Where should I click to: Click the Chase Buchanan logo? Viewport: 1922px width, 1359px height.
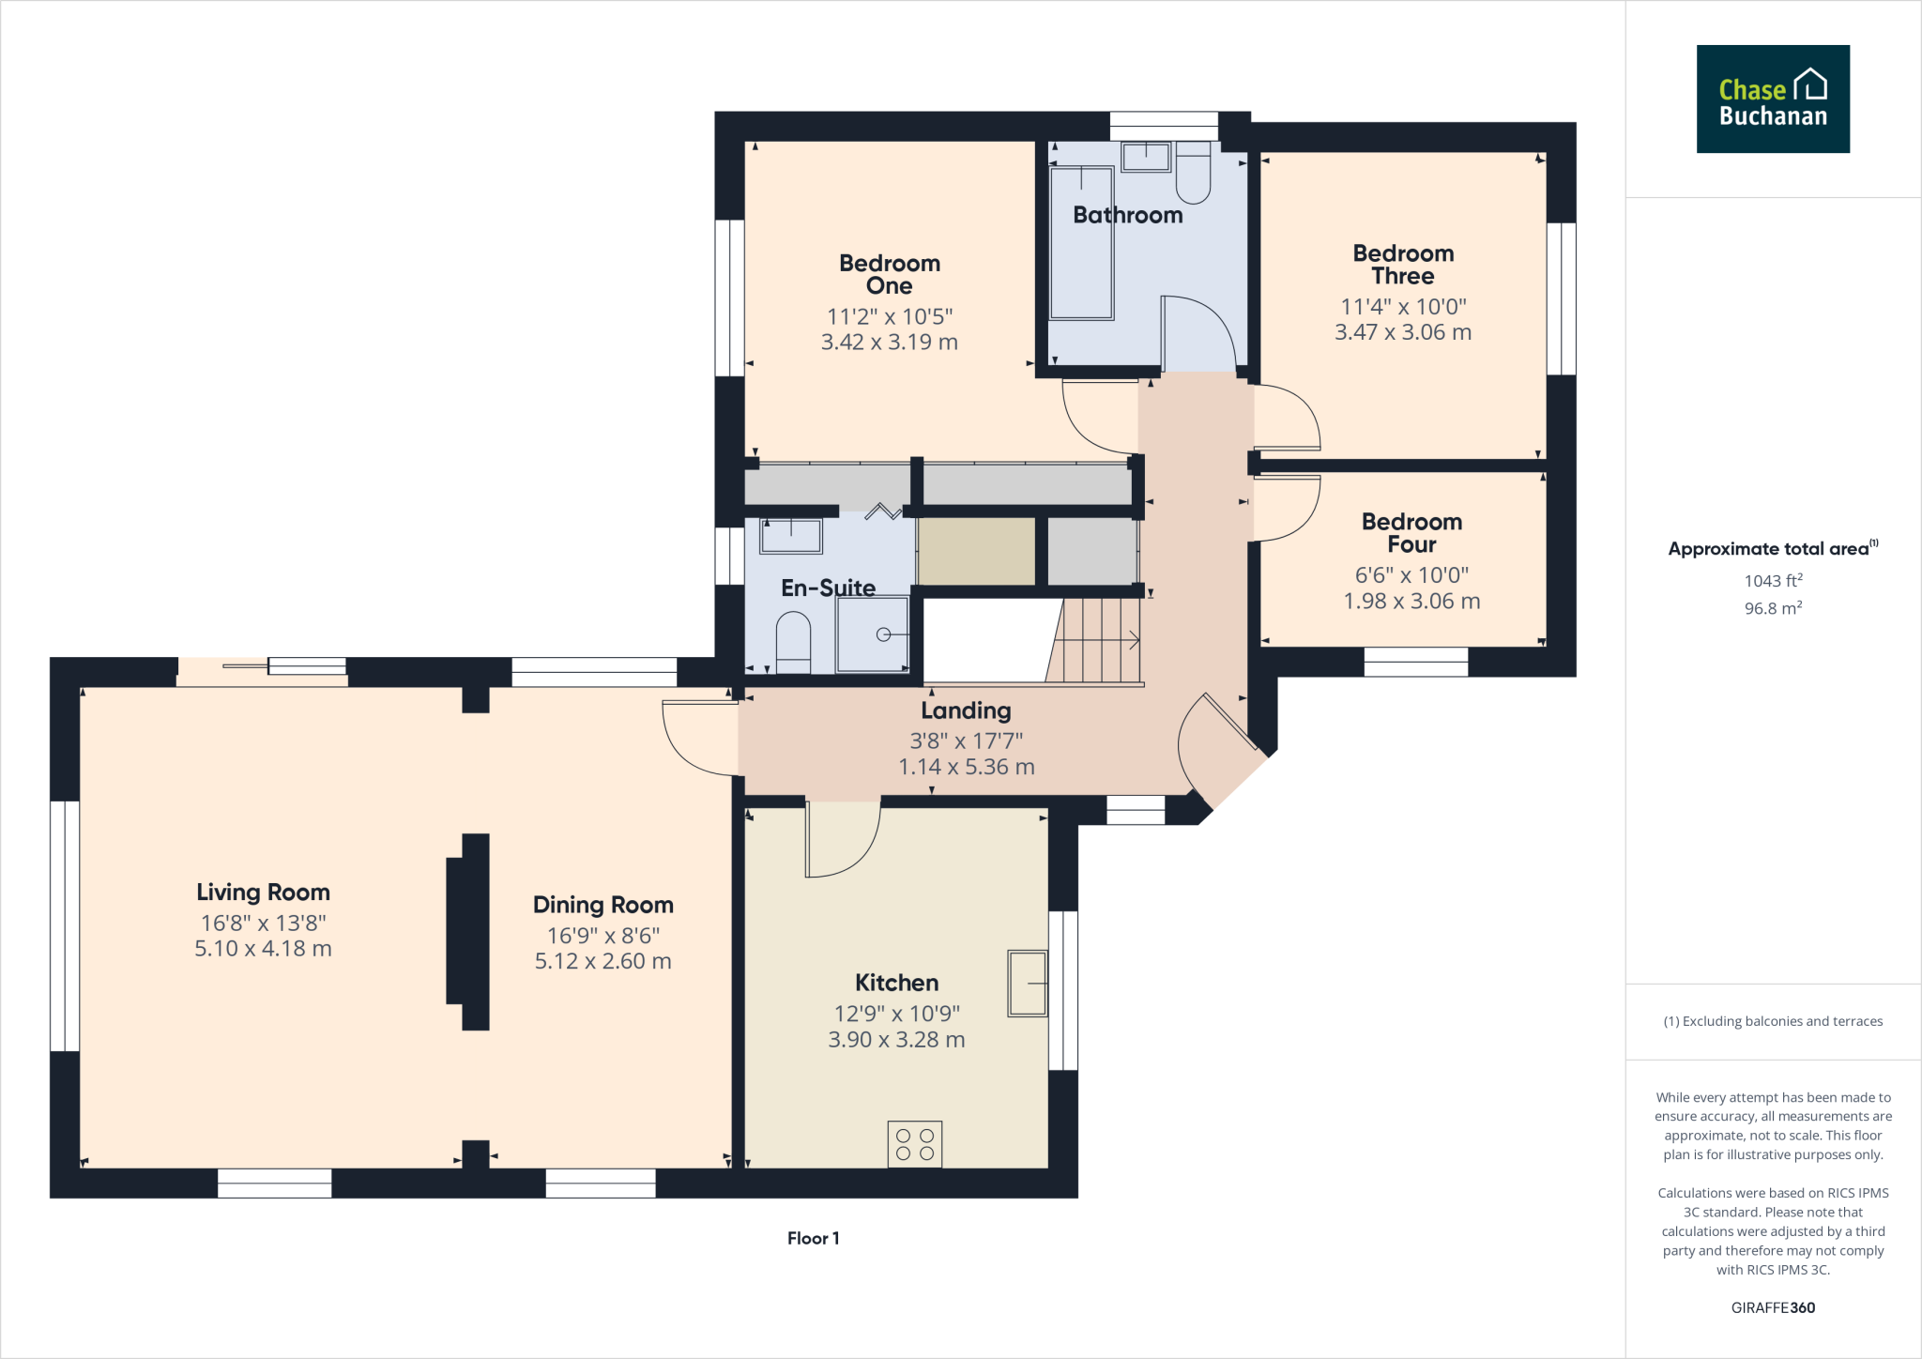point(1772,99)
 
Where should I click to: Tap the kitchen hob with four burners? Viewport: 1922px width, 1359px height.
point(914,1144)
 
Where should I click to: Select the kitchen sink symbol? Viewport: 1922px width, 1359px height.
point(1027,983)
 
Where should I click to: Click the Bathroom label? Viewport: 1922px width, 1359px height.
point(1127,215)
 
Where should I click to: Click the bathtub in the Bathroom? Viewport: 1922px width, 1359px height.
point(1081,243)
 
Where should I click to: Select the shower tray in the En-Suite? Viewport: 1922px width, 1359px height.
point(873,634)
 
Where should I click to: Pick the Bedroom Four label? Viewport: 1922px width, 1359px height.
point(1411,533)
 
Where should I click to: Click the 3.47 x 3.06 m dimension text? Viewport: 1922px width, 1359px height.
point(1403,332)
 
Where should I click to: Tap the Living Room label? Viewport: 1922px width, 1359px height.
point(263,892)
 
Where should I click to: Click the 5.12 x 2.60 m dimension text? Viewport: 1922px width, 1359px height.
point(603,961)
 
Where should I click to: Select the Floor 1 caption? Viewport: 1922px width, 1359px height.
point(813,1238)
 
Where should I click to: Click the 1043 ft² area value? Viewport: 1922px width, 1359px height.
point(1773,581)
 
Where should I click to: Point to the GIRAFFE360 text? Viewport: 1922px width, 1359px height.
point(1773,1307)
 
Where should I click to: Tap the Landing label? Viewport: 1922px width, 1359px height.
point(966,710)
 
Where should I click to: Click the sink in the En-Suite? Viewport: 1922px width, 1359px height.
point(790,536)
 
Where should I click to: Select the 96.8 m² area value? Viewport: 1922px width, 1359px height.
point(1773,608)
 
